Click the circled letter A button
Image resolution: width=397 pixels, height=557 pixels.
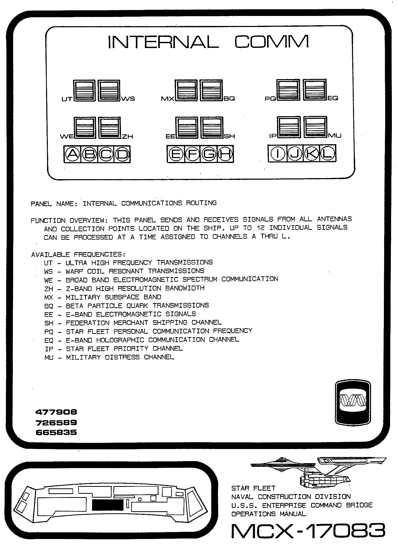click(x=72, y=154)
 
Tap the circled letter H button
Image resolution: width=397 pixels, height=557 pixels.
click(x=225, y=154)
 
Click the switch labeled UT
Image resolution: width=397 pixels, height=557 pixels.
click(x=84, y=91)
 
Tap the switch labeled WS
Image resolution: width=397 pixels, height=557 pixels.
click(x=109, y=91)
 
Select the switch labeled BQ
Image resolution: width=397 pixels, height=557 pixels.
click(x=211, y=90)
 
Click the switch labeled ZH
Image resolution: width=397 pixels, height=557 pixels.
click(x=110, y=128)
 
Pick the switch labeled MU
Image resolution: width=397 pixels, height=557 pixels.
click(x=315, y=127)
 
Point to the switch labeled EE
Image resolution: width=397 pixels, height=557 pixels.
click(x=187, y=127)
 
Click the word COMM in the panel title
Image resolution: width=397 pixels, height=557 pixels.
click(x=271, y=42)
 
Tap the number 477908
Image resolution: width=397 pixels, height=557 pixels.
click(x=56, y=412)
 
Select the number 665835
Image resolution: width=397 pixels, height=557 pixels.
click(x=56, y=432)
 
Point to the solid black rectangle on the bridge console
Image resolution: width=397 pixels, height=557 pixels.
click(x=108, y=505)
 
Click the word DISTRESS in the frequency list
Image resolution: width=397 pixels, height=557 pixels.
click(x=122, y=357)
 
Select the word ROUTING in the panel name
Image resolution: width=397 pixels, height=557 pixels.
click(x=201, y=203)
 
